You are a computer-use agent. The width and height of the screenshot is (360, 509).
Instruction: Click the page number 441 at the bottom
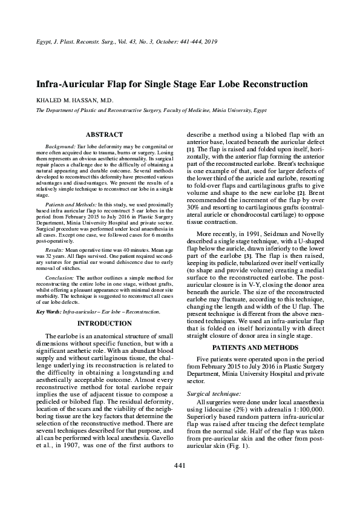[x=179, y=482]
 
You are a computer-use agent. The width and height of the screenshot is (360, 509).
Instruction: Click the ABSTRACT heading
[x=105, y=134]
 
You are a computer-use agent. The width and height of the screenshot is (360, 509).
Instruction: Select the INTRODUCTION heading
[x=105, y=323]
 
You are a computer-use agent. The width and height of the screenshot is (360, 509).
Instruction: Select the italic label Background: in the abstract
[x=61, y=147]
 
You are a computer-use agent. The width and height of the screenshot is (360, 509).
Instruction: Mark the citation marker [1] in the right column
[x=191, y=149]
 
